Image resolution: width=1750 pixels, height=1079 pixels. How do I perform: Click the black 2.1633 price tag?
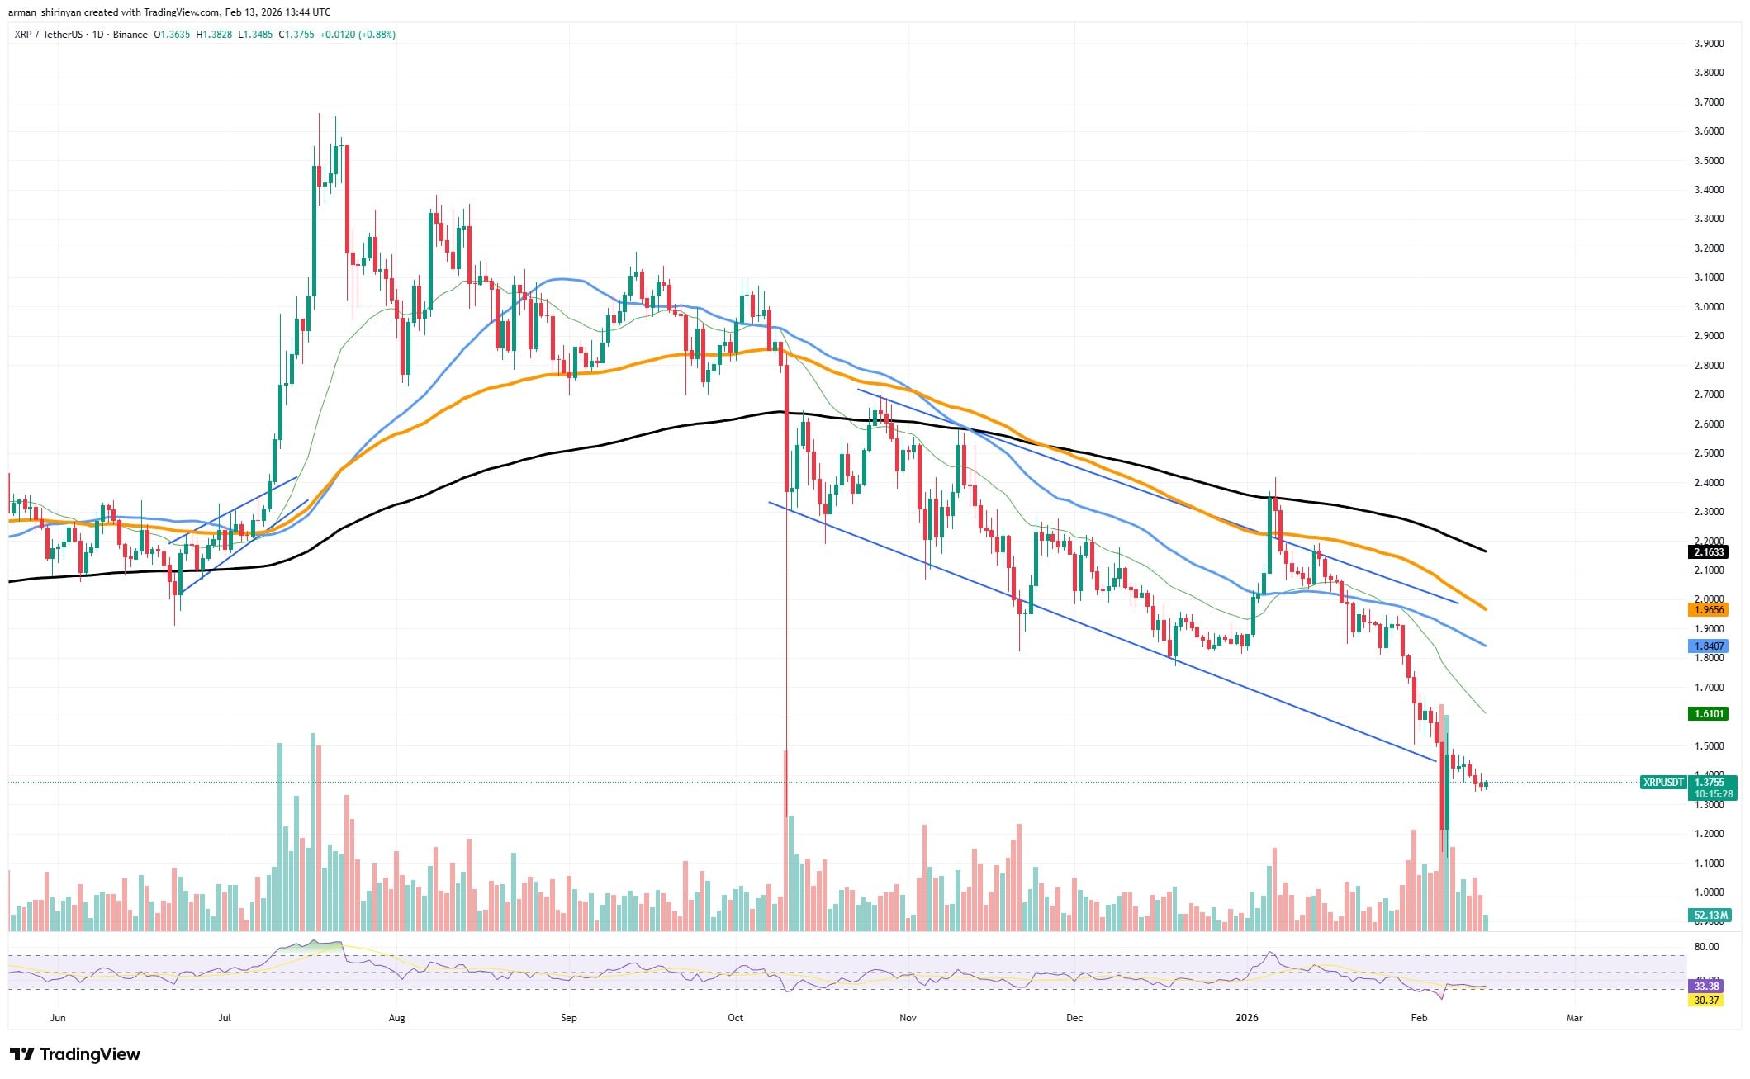point(1708,551)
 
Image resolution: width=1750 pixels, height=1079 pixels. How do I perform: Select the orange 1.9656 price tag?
point(1708,609)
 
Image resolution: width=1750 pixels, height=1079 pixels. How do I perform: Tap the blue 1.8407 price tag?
point(1708,646)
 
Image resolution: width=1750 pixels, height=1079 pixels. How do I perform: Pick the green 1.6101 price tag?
point(1708,713)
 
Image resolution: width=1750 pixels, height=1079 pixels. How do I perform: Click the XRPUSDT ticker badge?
point(1662,782)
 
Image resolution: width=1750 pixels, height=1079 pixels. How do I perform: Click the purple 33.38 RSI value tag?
point(1706,987)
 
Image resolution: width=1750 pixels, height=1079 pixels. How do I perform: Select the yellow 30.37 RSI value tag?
point(1706,1001)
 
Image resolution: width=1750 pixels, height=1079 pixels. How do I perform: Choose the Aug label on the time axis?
point(396,1018)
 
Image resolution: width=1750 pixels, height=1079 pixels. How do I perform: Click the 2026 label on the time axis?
point(1246,1018)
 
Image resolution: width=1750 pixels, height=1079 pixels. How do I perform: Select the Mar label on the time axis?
point(1574,1018)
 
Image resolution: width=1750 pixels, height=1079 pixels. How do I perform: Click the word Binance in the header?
point(130,35)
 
